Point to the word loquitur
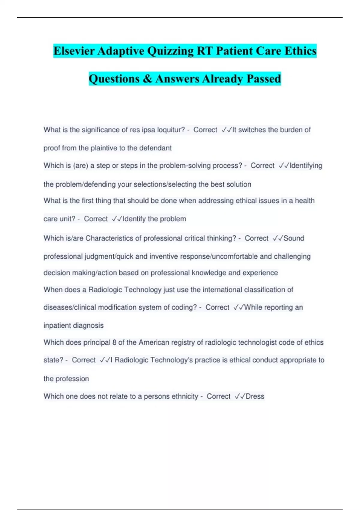171,130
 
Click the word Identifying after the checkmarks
306,166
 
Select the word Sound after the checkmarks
294,238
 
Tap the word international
222,290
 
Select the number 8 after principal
114,343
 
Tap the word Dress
255,396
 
